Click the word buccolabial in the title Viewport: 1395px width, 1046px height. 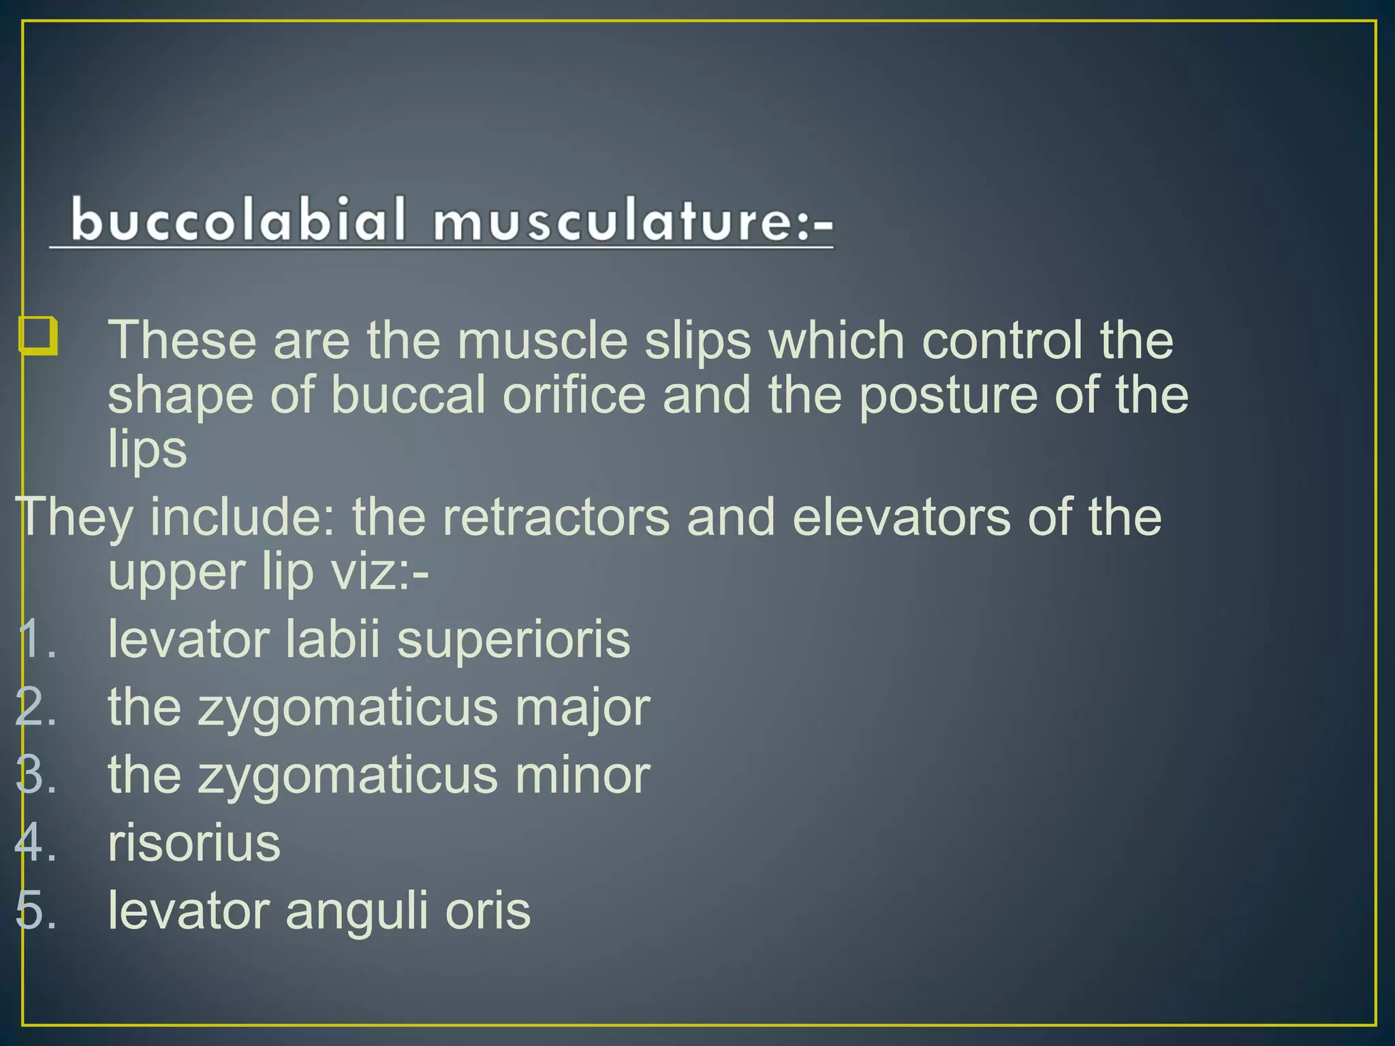click(x=238, y=220)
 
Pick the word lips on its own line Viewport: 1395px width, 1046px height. click(x=147, y=449)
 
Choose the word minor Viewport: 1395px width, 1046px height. click(x=582, y=775)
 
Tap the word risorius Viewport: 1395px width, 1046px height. click(x=194, y=843)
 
